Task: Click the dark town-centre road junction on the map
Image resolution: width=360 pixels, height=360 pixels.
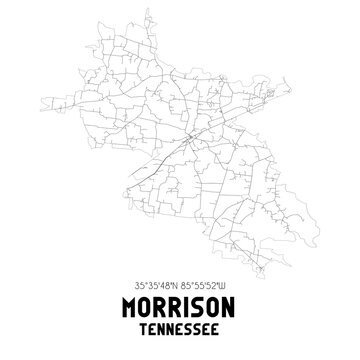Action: coord(189,136)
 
